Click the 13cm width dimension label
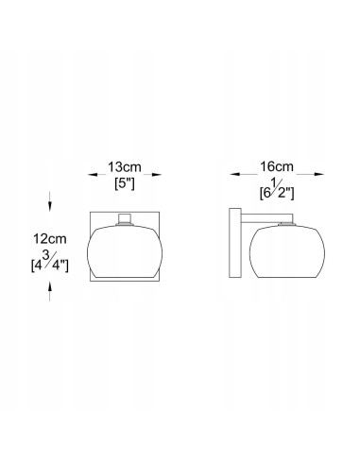coord(125,167)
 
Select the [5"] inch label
coord(125,183)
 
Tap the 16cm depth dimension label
coord(277,166)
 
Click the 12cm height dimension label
coord(50,239)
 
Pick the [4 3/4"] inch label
coord(50,263)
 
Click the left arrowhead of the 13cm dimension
coord(93,175)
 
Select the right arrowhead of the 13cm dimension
coord(157,175)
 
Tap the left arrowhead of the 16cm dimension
coord(234,174)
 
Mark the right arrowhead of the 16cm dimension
coord(318,174)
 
